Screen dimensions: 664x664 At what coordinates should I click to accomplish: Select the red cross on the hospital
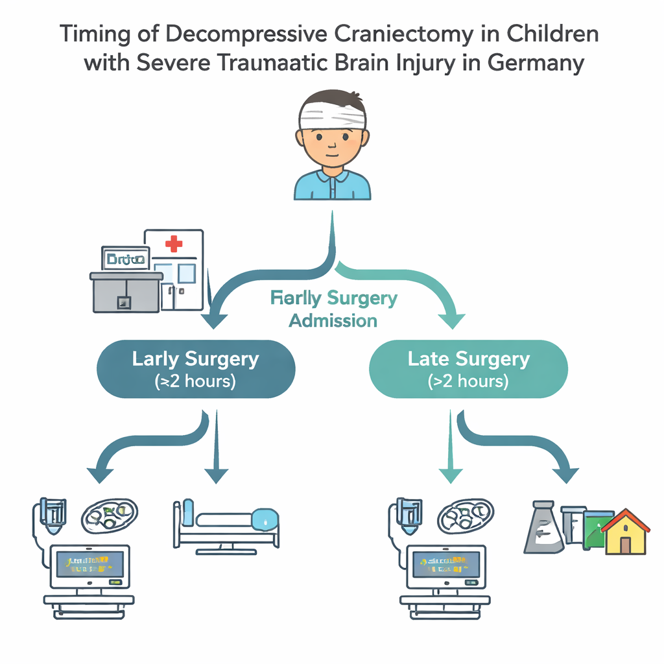[x=174, y=244]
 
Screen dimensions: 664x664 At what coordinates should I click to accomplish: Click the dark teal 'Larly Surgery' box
[x=195, y=369]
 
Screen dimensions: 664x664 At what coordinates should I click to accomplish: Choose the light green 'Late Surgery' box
[x=468, y=369]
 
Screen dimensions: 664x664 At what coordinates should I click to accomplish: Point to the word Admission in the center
[x=333, y=320]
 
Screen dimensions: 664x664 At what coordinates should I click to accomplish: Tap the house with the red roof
[x=625, y=532]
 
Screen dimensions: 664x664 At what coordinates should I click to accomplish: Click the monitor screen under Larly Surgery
[x=90, y=564]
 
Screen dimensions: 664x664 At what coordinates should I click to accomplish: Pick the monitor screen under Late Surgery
[x=445, y=564]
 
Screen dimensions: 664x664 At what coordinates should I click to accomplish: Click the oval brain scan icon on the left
[x=109, y=516]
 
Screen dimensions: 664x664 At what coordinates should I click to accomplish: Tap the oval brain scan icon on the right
[x=466, y=516]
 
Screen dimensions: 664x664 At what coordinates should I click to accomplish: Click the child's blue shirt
[x=332, y=185]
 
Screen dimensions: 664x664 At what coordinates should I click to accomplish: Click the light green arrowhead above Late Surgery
[x=451, y=319]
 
